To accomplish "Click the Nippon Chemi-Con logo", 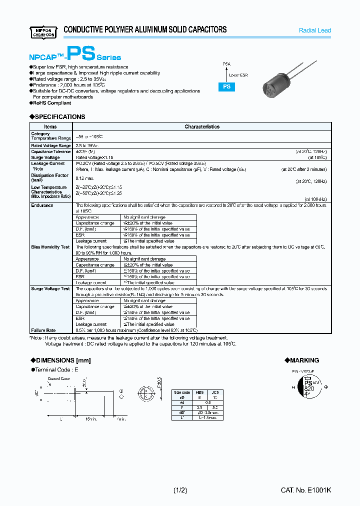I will (x=43, y=31).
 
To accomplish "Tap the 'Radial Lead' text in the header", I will (x=314, y=30).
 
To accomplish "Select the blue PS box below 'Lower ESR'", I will (x=225, y=86).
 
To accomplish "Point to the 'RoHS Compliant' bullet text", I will (x=52, y=103).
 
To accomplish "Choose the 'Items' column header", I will (x=50, y=127).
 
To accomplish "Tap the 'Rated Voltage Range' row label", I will (x=50, y=145).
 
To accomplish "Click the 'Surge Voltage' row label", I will (x=45, y=157).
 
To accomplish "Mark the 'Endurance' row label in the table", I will (x=42, y=205).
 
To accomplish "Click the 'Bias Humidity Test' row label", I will (x=50, y=247).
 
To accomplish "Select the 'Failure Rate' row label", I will (x=43, y=330).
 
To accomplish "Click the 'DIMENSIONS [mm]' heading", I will (x=60, y=360).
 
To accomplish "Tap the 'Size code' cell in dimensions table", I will (x=181, y=392).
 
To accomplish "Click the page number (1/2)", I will (x=180, y=490).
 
